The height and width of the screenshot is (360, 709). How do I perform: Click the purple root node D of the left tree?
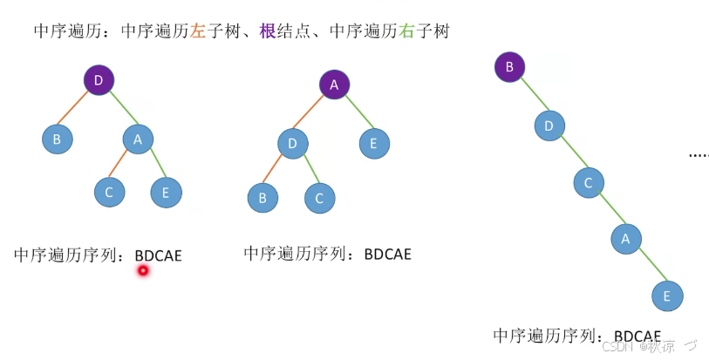tap(99, 80)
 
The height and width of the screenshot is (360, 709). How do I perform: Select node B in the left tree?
tap(58, 138)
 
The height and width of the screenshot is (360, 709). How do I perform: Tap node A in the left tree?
tap(138, 138)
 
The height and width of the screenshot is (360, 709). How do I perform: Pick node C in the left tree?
tap(109, 192)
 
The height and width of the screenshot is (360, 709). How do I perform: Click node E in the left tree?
tap(166, 193)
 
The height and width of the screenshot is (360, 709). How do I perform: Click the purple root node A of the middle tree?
tap(334, 85)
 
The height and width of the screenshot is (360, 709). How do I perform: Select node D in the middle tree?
tap(294, 142)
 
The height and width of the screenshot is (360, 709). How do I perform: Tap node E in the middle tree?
tap(373, 143)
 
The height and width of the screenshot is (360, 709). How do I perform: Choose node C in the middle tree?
tap(319, 198)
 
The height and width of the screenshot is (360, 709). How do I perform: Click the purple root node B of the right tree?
tap(509, 65)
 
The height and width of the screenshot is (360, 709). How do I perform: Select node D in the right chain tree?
tap(549, 125)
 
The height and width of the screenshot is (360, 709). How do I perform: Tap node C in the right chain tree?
tap(589, 182)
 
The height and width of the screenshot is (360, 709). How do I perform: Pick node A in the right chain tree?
tap(625, 237)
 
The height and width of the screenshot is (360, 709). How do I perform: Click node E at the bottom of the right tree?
tap(667, 295)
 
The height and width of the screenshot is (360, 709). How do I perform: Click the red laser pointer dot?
tap(143, 271)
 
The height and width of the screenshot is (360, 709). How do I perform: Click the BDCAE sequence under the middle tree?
tap(387, 255)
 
